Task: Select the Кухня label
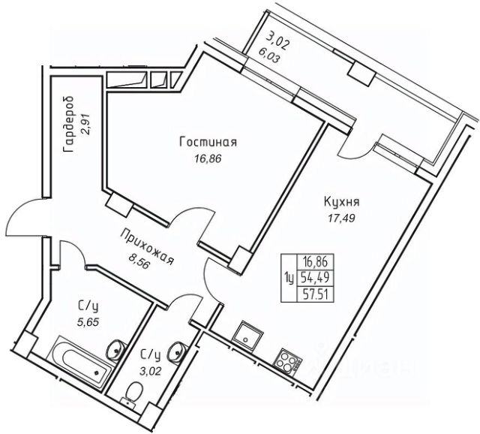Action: point(343,203)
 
